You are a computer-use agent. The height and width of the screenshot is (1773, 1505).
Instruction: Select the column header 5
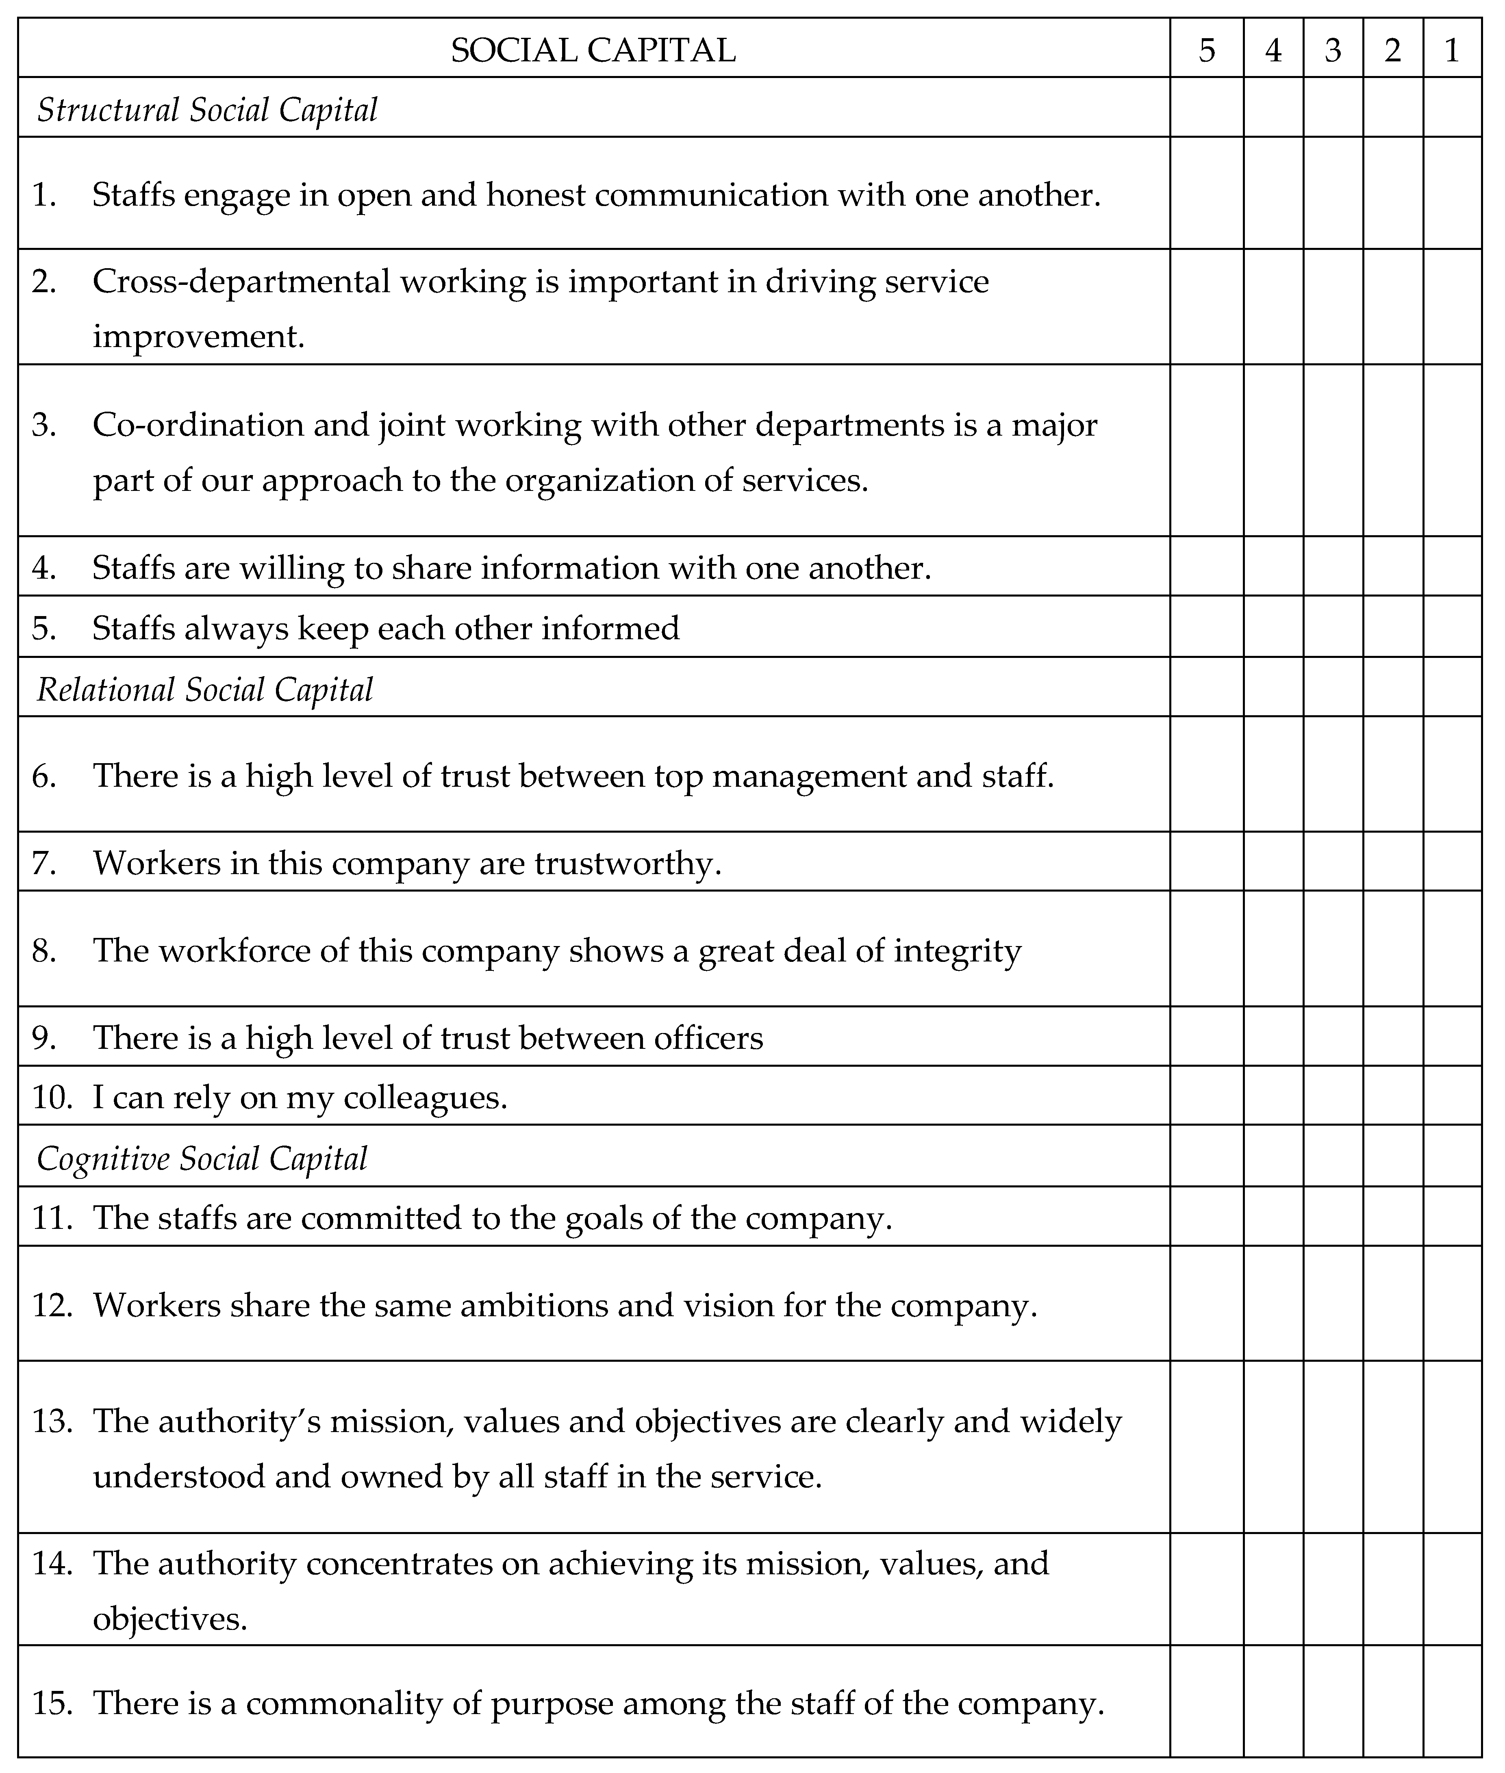[1206, 50]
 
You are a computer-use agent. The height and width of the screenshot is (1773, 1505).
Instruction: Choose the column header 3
[1333, 50]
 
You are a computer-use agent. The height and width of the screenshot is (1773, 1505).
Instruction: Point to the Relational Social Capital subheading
[205, 689]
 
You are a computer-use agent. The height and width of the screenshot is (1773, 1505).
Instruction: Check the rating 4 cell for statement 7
[1273, 863]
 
